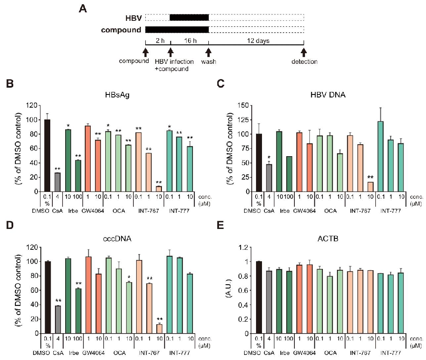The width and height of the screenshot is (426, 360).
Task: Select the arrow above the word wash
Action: [209, 52]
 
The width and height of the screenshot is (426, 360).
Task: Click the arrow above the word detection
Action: [304, 52]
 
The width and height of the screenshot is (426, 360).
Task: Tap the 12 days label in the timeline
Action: [256, 41]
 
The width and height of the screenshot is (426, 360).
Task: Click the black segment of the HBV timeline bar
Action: [189, 17]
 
